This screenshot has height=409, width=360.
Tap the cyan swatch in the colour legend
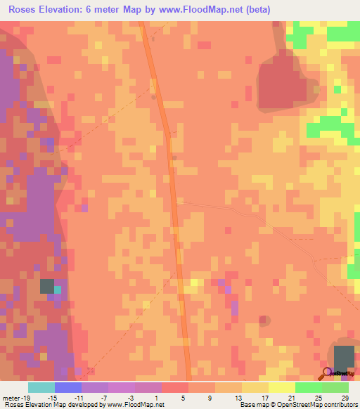coord(41,387)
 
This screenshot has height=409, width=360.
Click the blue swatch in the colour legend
coord(67,387)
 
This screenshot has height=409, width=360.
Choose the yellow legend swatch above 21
coord(281,387)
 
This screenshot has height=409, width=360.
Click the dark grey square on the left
coord(46,286)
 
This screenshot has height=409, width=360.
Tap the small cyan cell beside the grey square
coord(58,289)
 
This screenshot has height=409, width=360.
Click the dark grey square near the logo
coord(344,356)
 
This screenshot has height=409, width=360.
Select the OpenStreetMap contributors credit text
coord(319,405)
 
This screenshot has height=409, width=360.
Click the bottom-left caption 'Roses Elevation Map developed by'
coord(55,405)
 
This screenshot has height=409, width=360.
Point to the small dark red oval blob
coord(264,320)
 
